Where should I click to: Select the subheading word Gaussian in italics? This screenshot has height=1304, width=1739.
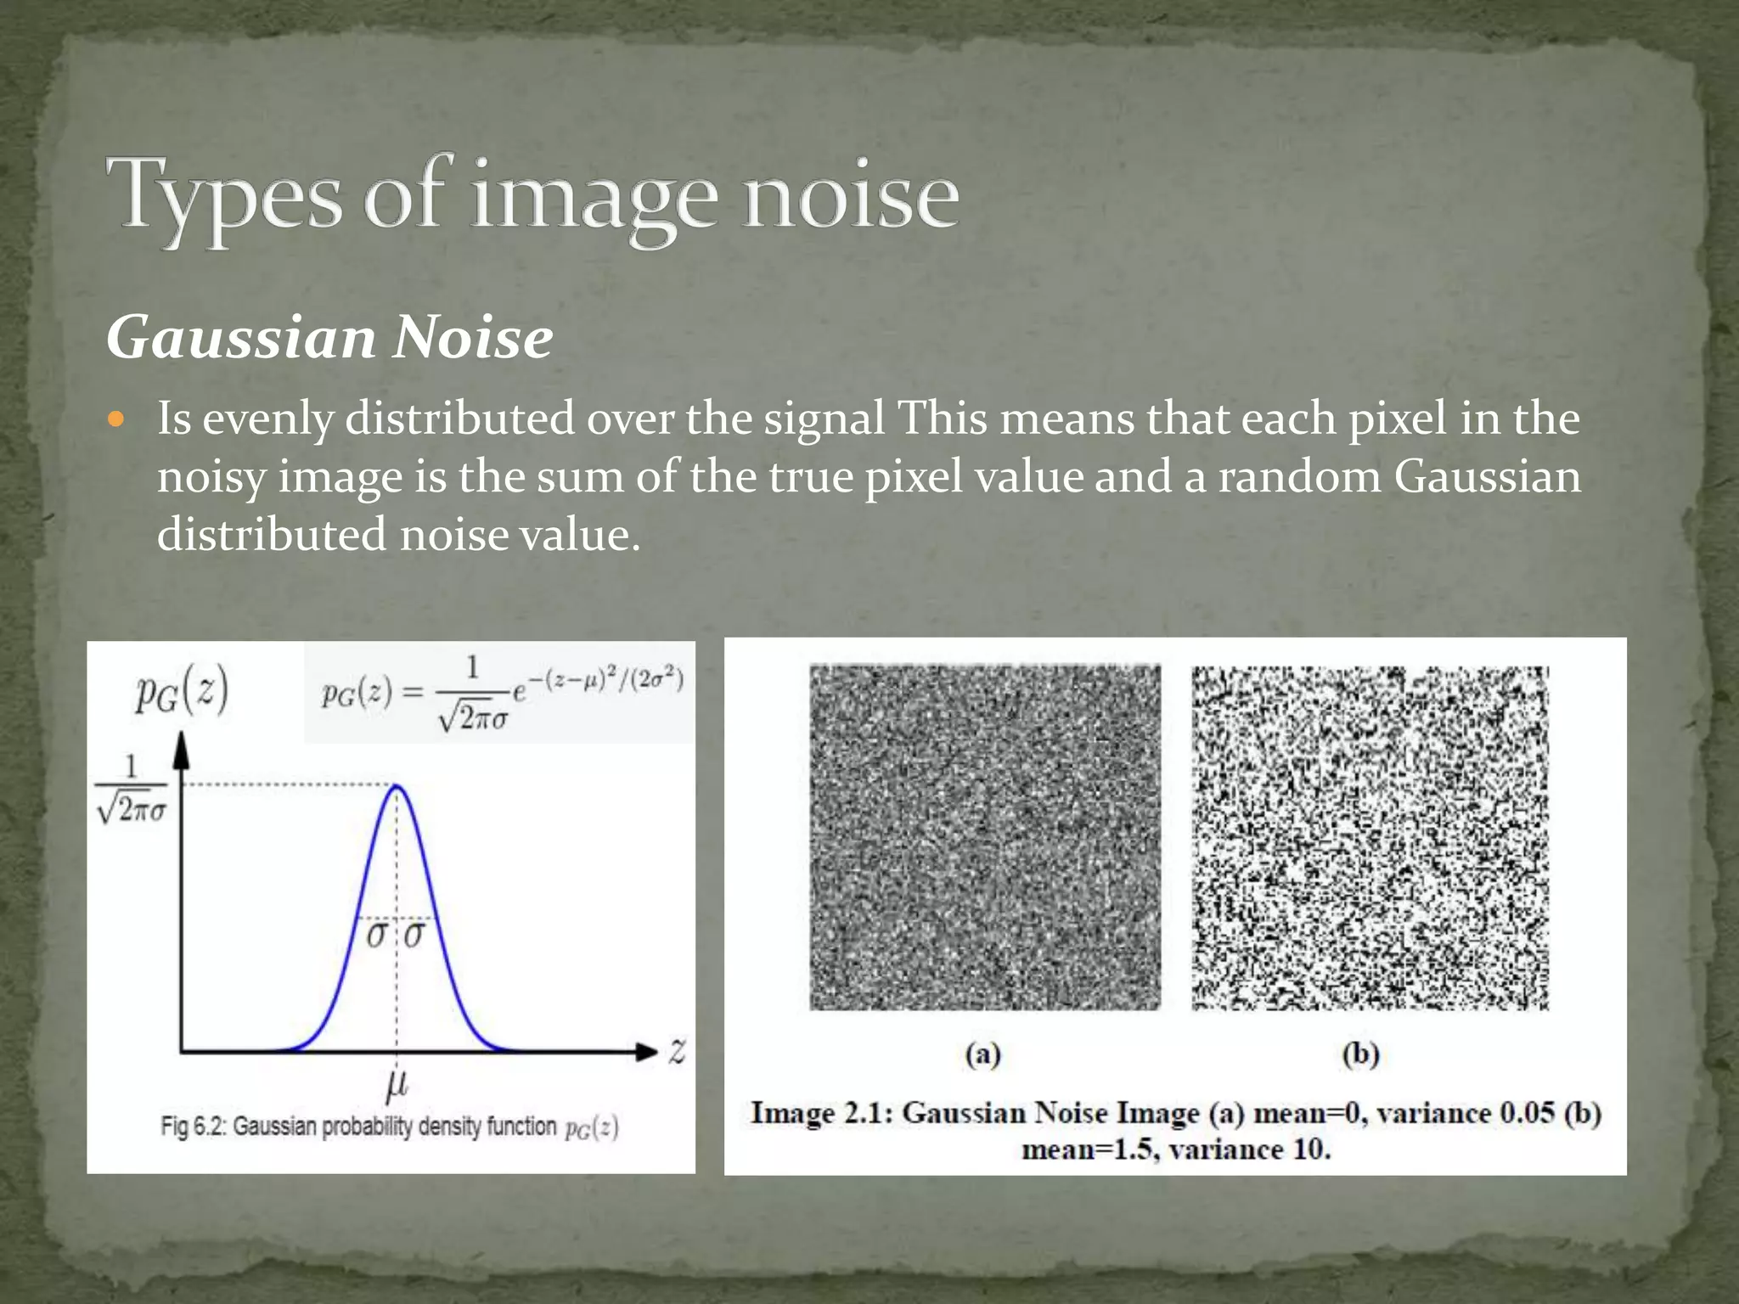[x=241, y=338]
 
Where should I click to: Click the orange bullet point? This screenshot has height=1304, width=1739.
[x=117, y=419]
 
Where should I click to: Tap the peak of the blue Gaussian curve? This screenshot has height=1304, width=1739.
[x=397, y=787]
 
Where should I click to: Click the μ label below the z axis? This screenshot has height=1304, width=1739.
[x=397, y=1083]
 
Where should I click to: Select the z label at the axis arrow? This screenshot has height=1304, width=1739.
[x=677, y=1052]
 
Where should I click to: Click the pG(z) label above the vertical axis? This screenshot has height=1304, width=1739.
[x=182, y=693]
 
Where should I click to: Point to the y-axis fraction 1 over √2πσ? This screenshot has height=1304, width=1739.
[x=132, y=790]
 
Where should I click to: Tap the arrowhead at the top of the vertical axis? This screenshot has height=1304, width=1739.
[x=181, y=750]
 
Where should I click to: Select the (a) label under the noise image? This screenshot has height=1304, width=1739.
[x=983, y=1054]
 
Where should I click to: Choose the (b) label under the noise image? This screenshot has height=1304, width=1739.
[x=1360, y=1054]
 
